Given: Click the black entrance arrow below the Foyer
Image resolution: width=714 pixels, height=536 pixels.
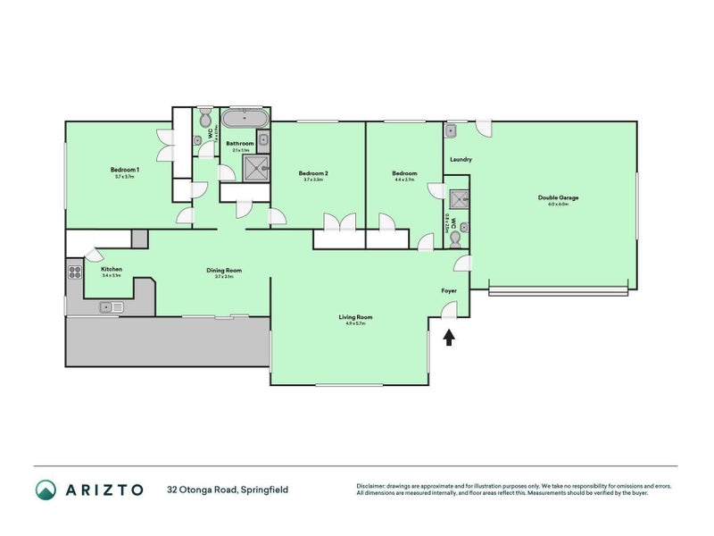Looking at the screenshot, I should (449, 337).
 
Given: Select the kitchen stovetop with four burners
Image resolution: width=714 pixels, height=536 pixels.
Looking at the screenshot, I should (72, 271).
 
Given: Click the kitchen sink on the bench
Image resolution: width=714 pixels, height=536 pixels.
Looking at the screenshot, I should (112, 308).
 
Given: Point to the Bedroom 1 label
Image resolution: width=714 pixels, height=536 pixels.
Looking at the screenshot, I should (125, 170).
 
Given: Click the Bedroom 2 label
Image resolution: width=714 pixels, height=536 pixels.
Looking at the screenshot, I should (313, 172).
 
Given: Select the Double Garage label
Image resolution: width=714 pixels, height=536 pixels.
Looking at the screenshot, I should (552, 197).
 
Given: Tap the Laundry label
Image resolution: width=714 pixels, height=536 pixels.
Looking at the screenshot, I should (461, 160).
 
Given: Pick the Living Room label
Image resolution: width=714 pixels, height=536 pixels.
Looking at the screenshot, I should (355, 316).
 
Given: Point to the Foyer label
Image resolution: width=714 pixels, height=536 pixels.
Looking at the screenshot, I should (449, 291).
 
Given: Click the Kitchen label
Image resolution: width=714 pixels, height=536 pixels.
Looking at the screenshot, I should (111, 268).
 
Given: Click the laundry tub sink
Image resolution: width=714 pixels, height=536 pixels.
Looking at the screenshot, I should (452, 130).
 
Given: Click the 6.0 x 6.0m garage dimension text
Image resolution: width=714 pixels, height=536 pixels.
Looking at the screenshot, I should (558, 205).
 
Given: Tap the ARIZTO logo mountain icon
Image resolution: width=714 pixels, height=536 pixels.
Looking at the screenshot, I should (46, 489).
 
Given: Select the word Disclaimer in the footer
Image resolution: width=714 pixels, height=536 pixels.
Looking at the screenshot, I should (373, 486).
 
